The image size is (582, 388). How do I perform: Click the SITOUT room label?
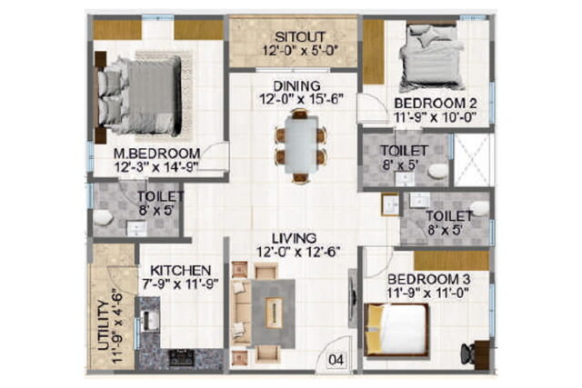pyautogui.click(x=300, y=37)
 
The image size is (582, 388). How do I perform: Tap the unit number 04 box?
pyautogui.click(x=336, y=360)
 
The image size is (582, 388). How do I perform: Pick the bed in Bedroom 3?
pyautogui.click(x=396, y=330)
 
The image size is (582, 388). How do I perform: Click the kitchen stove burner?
pyautogui.click(x=182, y=357)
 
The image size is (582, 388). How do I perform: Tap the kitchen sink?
pyautogui.click(x=150, y=320)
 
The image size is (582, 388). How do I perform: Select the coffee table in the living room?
pyautogui.click(x=274, y=313)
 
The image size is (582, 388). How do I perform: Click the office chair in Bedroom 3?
pyautogui.click(x=467, y=353)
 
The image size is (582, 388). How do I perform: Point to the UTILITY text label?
pyautogui.click(x=104, y=325)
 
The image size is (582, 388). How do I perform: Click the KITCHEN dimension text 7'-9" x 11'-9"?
pyautogui.click(x=180, y=284)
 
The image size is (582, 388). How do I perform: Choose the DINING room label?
pyautogui.click(x=297, y=86)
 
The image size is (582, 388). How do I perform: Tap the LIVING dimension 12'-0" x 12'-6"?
pyautogui.click(x=299, y=253)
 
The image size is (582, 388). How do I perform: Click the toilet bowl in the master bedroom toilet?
pyautogui.click(x=102, y=217)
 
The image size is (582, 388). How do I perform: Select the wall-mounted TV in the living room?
pyautogui.click(x=352, y=298)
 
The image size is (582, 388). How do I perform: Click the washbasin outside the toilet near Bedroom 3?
pyautogui.click(x=390, y=204)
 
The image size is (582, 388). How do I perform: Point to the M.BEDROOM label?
pyautogui.click(x=157, y=153)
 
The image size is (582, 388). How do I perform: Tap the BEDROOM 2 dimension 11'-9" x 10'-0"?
pyautogui.click(x=435, y=117)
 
